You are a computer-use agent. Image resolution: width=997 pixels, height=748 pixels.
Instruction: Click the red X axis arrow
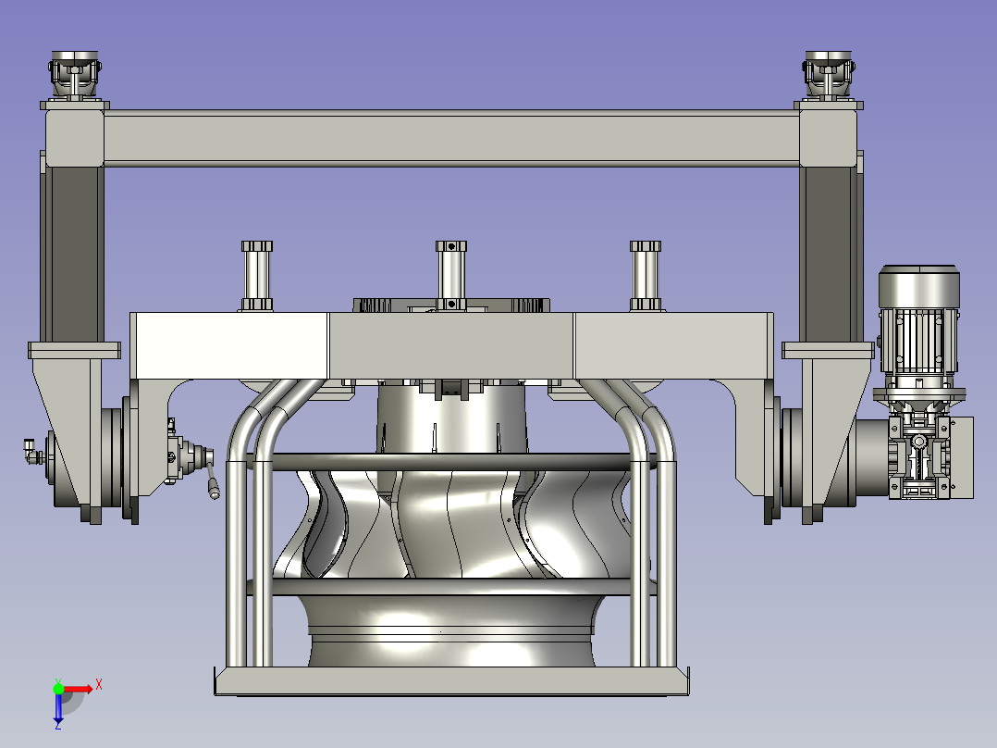tap(78, 689)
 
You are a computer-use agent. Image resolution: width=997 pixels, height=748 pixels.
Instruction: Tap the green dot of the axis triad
tap(58, 688)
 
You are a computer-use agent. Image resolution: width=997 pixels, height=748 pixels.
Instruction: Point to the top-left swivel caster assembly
tap(75, 75)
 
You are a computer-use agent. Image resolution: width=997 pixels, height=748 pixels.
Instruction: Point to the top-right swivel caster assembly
tap(829, 75)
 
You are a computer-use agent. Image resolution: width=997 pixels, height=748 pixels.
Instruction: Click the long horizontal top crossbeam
tap(451, 138)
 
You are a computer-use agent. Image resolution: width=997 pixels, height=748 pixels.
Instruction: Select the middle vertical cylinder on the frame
tap(450, 276)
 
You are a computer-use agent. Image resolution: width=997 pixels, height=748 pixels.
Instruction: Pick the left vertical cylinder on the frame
tap(257, 276)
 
